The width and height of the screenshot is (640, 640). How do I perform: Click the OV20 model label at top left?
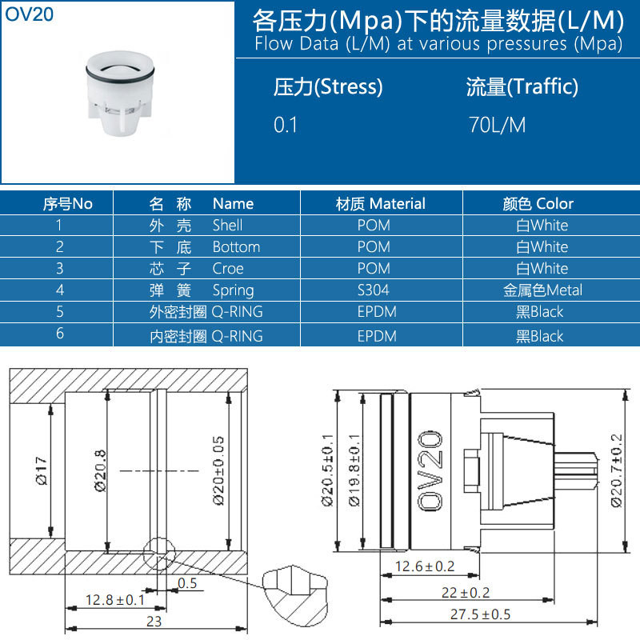point(29,14)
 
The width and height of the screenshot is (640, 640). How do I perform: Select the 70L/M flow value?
point(497,125)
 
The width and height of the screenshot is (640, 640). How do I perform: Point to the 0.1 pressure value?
point(286,125)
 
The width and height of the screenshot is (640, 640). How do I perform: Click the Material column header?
point(381,203)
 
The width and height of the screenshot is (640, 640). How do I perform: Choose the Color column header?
point(538,203)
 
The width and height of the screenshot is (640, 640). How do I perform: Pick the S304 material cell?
point(373,290)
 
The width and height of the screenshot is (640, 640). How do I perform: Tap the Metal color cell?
point(542,290)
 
